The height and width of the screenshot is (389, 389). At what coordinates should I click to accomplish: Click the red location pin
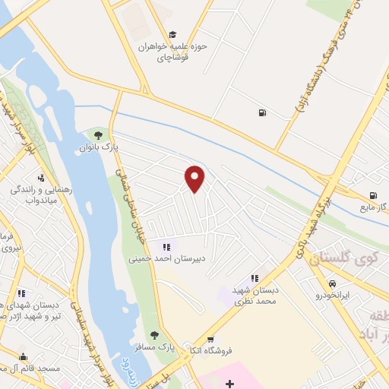point(195,179)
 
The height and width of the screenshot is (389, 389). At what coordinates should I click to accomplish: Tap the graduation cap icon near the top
point(173,35)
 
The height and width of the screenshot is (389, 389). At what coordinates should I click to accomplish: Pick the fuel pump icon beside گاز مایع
point(372,194)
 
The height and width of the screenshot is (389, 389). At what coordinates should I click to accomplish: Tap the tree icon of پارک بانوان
point(98,136)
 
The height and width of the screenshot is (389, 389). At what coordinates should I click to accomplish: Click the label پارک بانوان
point(98,149)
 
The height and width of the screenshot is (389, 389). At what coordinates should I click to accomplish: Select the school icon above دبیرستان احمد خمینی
point(166,246)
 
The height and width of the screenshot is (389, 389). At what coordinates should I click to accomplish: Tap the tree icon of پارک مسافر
point(154,334)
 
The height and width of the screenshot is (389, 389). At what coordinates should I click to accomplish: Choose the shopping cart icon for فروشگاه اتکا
point(210,339)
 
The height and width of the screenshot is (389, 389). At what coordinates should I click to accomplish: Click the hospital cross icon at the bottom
point(229,384)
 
